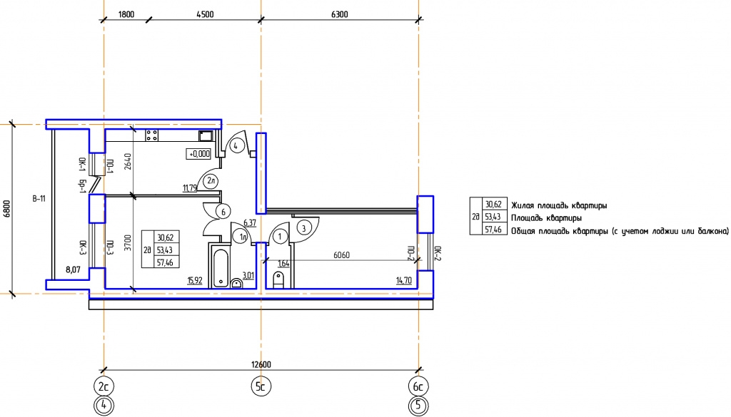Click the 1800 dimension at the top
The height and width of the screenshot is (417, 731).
tap(126, 14)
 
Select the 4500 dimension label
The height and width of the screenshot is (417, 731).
tap(205, 14)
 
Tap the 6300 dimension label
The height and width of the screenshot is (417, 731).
tap(339, 14)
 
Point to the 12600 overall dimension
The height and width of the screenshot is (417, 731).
tap(261, 364)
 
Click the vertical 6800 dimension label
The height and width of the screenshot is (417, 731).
tap(7, 209)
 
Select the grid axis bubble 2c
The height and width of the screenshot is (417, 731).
tap(104, 386)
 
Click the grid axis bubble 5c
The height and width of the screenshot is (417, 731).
tap(261, 386)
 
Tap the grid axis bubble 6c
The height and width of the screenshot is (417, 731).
tap(418, 386)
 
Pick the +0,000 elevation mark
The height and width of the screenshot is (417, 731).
tap(198, 153)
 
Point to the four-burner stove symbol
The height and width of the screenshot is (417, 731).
tap(151, 135)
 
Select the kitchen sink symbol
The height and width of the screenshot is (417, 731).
tap(206, 136)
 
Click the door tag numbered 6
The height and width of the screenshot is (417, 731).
tap(223, 212)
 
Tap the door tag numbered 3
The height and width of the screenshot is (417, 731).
tap(304, 228)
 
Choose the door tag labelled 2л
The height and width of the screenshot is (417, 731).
tap(211, 181)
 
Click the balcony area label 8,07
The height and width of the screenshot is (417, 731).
tap(74, 269)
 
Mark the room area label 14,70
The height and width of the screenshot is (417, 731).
tap(404, 281)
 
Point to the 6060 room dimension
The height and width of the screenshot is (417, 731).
tap(342, 255)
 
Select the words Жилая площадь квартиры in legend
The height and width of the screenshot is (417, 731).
tap(559, 205)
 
